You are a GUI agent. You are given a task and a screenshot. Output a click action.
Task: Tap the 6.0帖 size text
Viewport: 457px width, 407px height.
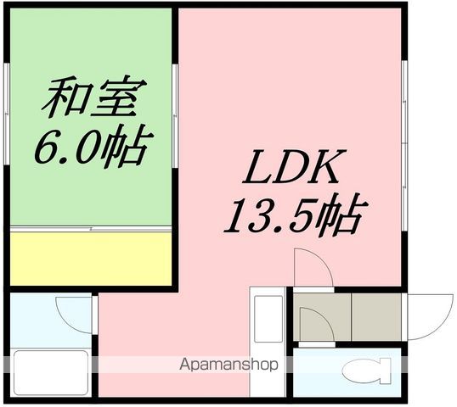coord(90,147)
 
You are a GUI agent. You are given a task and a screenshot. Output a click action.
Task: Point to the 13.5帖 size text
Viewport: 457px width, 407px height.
coord(293,216)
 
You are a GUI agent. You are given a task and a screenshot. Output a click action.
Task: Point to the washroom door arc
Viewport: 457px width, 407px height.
coord(73,309)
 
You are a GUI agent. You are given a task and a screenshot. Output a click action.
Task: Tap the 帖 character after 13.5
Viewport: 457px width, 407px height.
coord(346,216)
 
